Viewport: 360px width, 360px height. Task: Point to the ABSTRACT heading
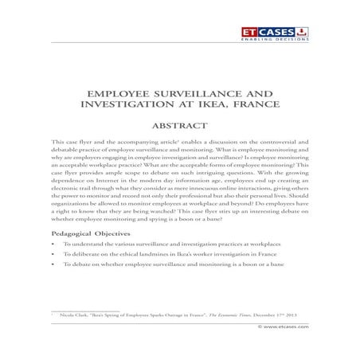(x=180, y=124)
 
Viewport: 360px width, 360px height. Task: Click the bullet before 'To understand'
(x=53, y=246)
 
